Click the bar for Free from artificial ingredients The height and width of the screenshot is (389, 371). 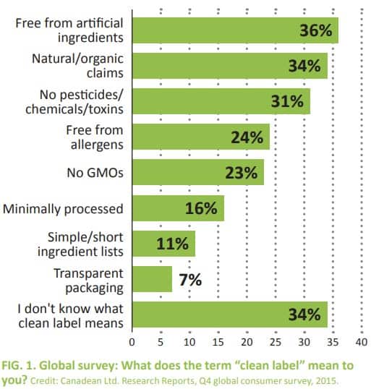tap(217, 30)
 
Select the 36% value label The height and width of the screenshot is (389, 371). tap(315, 30)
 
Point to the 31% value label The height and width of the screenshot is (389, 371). tap(287, 101)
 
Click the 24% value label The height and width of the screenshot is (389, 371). tap(247, 137)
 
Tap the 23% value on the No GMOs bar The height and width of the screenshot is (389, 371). tap(241, 173)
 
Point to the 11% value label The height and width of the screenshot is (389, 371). tap(172, 244)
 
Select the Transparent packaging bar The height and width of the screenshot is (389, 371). tap(152, 279)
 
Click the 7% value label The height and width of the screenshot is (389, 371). tap(190, 280)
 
